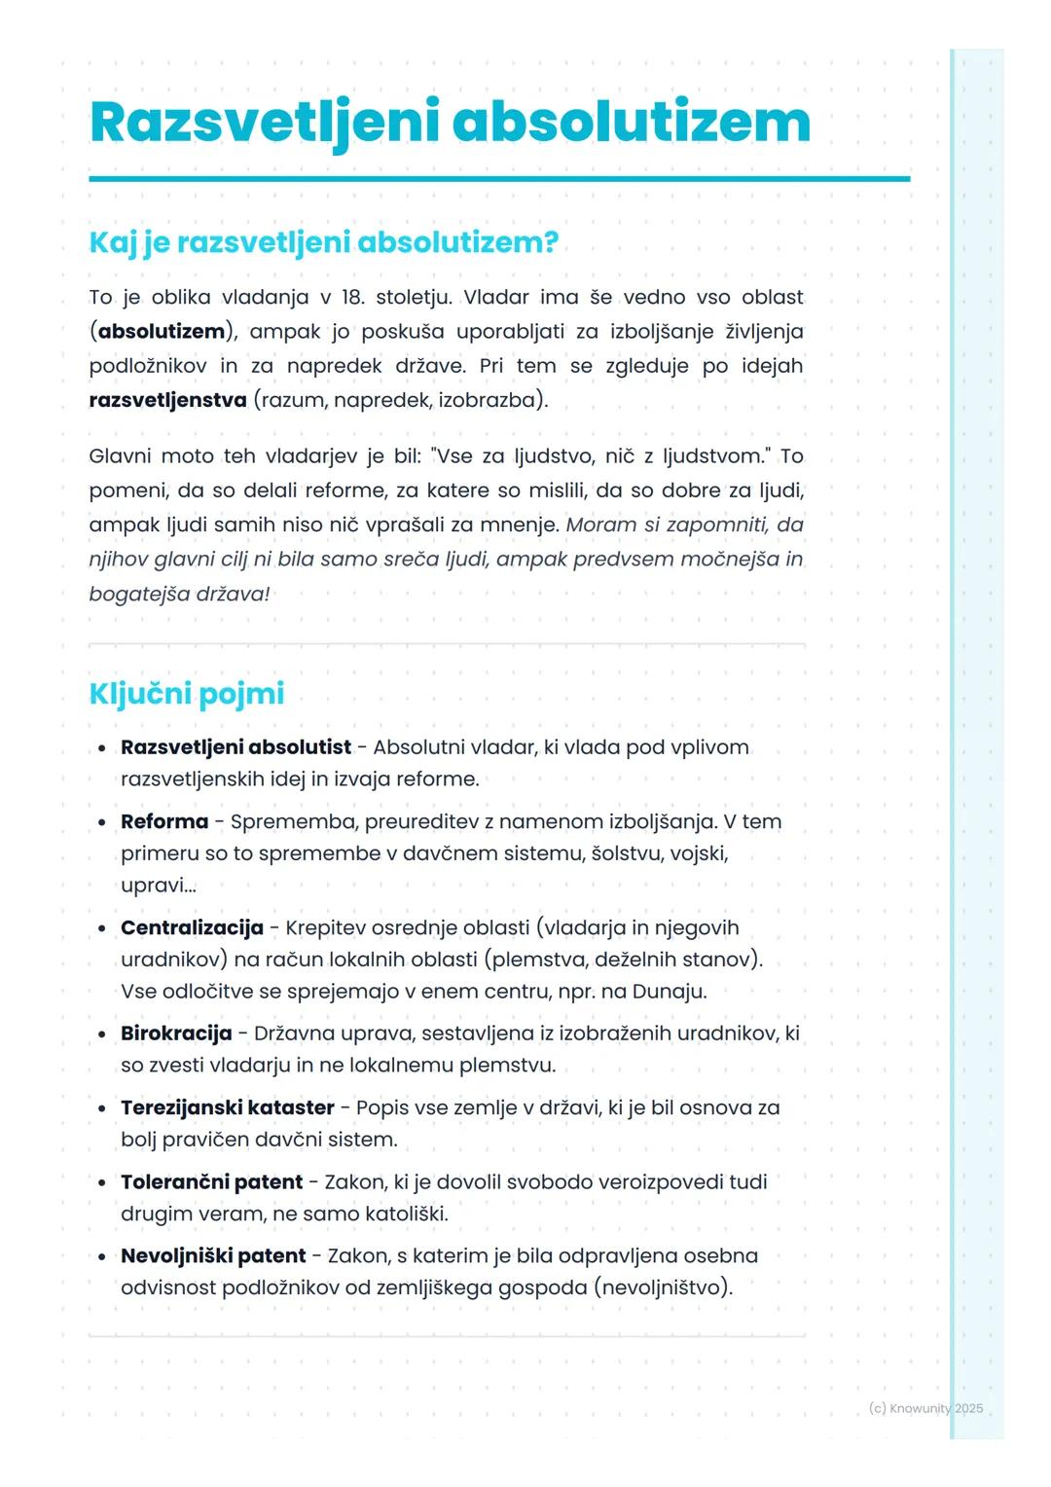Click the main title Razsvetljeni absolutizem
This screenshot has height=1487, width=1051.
point(450,124)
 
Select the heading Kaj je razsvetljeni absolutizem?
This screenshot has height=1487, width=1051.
point(323,242)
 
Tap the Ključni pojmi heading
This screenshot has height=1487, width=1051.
point(186,694)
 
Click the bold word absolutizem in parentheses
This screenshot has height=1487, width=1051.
point(162,332)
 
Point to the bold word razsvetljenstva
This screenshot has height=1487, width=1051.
point(167,400)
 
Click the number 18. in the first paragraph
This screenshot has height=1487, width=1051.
point(352,298)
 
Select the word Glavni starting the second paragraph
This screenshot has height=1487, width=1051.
point(119,456)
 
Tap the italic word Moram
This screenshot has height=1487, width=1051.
point(598,526)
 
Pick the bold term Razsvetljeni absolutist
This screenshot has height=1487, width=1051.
point(236,747)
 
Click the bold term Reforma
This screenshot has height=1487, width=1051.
point(164,822)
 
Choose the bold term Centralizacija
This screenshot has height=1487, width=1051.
point(192,928)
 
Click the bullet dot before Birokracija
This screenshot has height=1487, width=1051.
point(101,1034)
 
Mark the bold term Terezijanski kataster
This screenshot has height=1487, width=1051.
point(227,1108)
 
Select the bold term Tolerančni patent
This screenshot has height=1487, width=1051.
point(211,1182)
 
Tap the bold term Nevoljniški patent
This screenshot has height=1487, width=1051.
point(213,1256)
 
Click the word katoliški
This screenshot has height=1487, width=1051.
point(406,1215)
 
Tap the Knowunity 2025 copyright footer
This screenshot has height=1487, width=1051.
point(925,1408)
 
